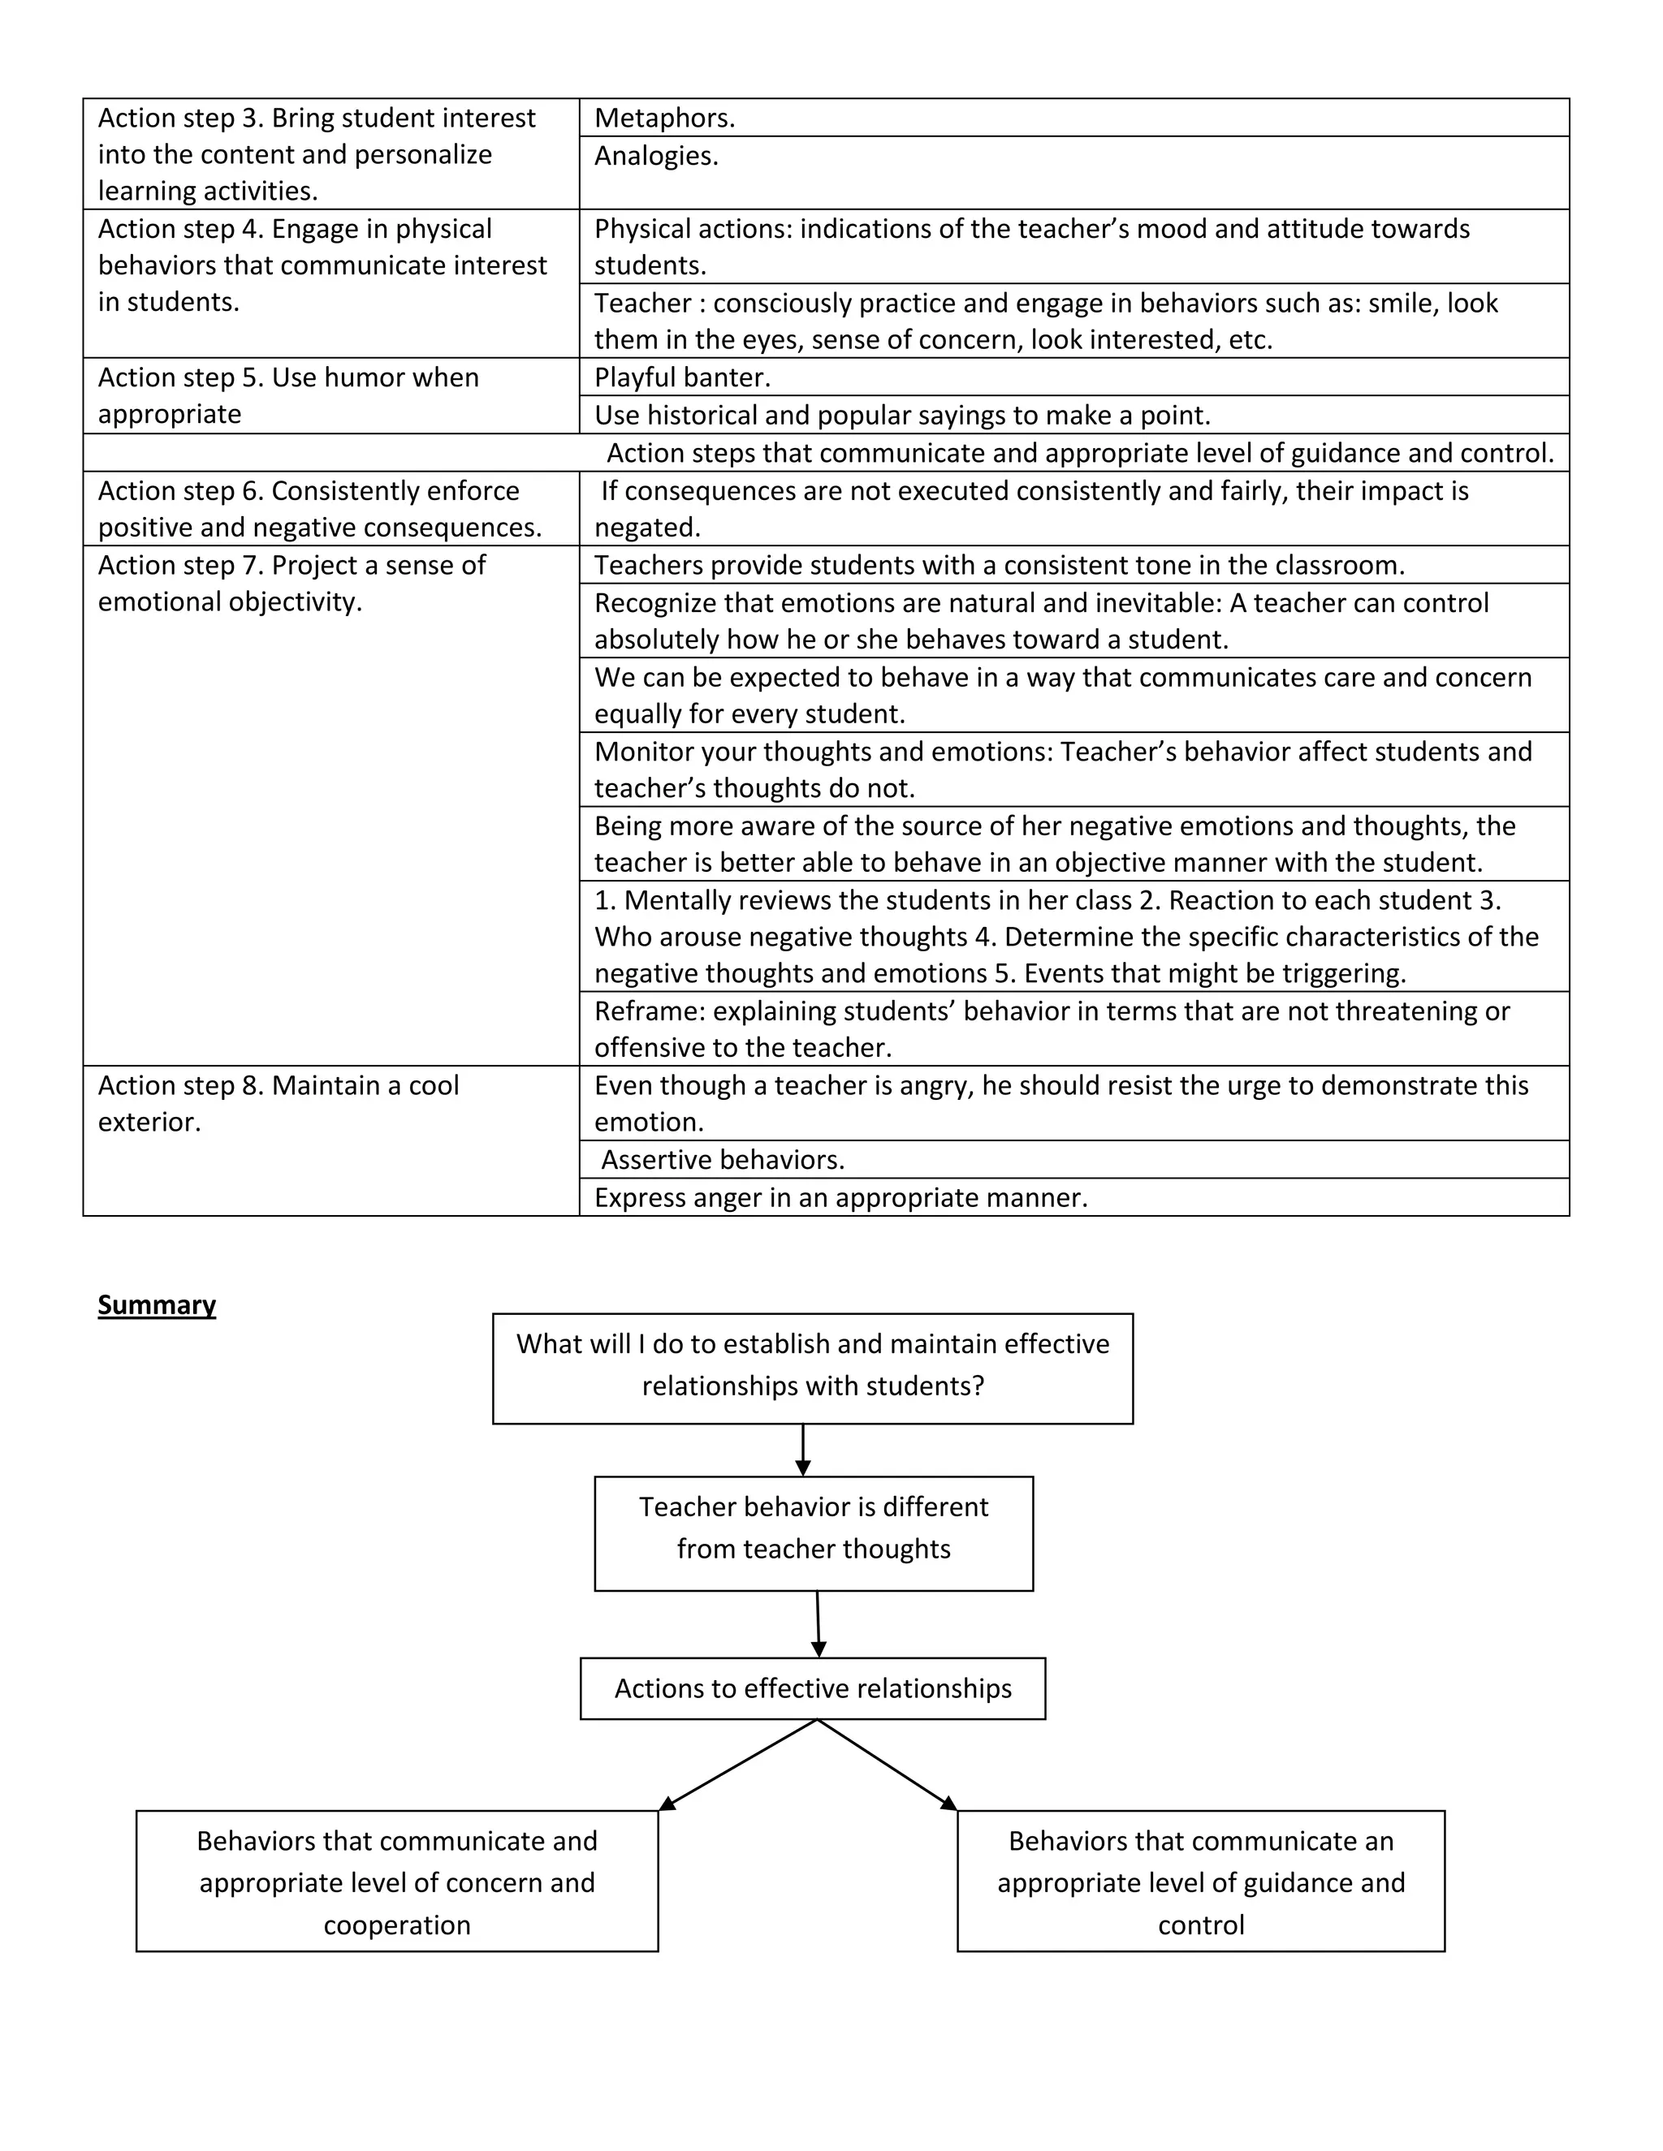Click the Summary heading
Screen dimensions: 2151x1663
pos(157,1305)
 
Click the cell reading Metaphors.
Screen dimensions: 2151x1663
pos(665,119)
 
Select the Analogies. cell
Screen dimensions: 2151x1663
pos(657,157)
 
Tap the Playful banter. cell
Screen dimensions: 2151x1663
pos(683,377)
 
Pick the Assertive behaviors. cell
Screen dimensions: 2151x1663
pos(724,1160)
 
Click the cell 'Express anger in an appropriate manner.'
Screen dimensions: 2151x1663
pos(840,1197)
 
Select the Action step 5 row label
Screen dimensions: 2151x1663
pos(288,395)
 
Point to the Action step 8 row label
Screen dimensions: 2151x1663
pos(279,1103)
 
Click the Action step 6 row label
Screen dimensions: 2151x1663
pos(319,508)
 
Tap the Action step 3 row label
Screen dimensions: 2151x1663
pos(316,153)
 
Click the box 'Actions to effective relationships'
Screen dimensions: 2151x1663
pos(813,1688)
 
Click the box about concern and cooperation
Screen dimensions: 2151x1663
pos(397,1882)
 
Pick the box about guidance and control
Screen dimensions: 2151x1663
pos(1201,1882)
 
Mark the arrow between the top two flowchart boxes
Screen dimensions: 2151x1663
pos(803,1450)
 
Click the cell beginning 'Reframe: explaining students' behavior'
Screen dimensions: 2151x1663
pos(1052,1029)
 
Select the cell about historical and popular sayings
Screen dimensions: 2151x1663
pos(902,416)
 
